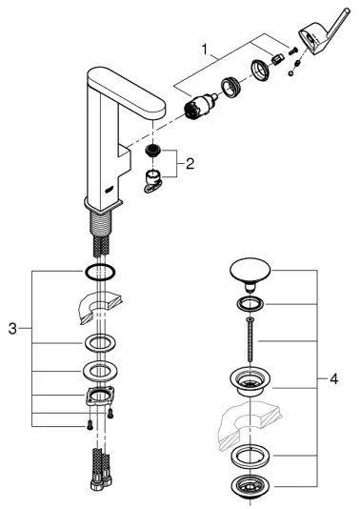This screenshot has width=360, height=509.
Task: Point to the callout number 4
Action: pyautogui.click(x=333, y=379)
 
